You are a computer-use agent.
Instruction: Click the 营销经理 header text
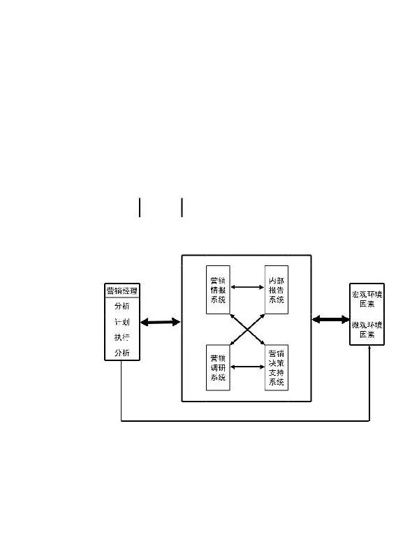122,291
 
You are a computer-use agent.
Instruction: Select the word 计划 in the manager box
122,323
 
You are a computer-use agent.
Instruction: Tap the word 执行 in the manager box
122,338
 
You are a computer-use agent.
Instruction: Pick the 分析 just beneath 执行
122,353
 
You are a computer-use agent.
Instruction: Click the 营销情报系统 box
218,290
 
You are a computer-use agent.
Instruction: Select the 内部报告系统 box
277,290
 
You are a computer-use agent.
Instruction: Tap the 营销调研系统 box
218,367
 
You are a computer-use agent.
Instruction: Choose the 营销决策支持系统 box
277,367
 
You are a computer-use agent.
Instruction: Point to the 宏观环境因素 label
367,299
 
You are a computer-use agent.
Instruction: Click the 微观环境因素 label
367,330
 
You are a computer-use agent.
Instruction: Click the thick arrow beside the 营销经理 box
160,322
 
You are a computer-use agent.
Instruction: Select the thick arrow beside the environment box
331,319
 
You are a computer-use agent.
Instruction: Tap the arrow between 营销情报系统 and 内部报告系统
247,286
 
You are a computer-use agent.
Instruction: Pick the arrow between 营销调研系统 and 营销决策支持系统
247,366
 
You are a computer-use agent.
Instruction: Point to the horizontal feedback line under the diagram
244,421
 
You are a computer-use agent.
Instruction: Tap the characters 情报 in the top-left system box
218,291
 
